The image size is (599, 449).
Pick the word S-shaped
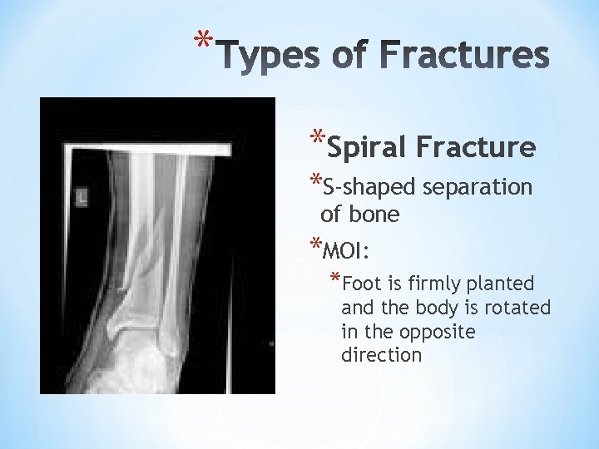click(x=369, y=188)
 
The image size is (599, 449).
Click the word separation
click(x=477, y=188)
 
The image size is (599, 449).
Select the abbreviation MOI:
click(x=349, y=250)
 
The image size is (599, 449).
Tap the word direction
click(x=381, y=356)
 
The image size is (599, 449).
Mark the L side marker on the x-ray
click(x=81, y=197)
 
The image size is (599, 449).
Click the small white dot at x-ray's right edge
click(x=271, y=343)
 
